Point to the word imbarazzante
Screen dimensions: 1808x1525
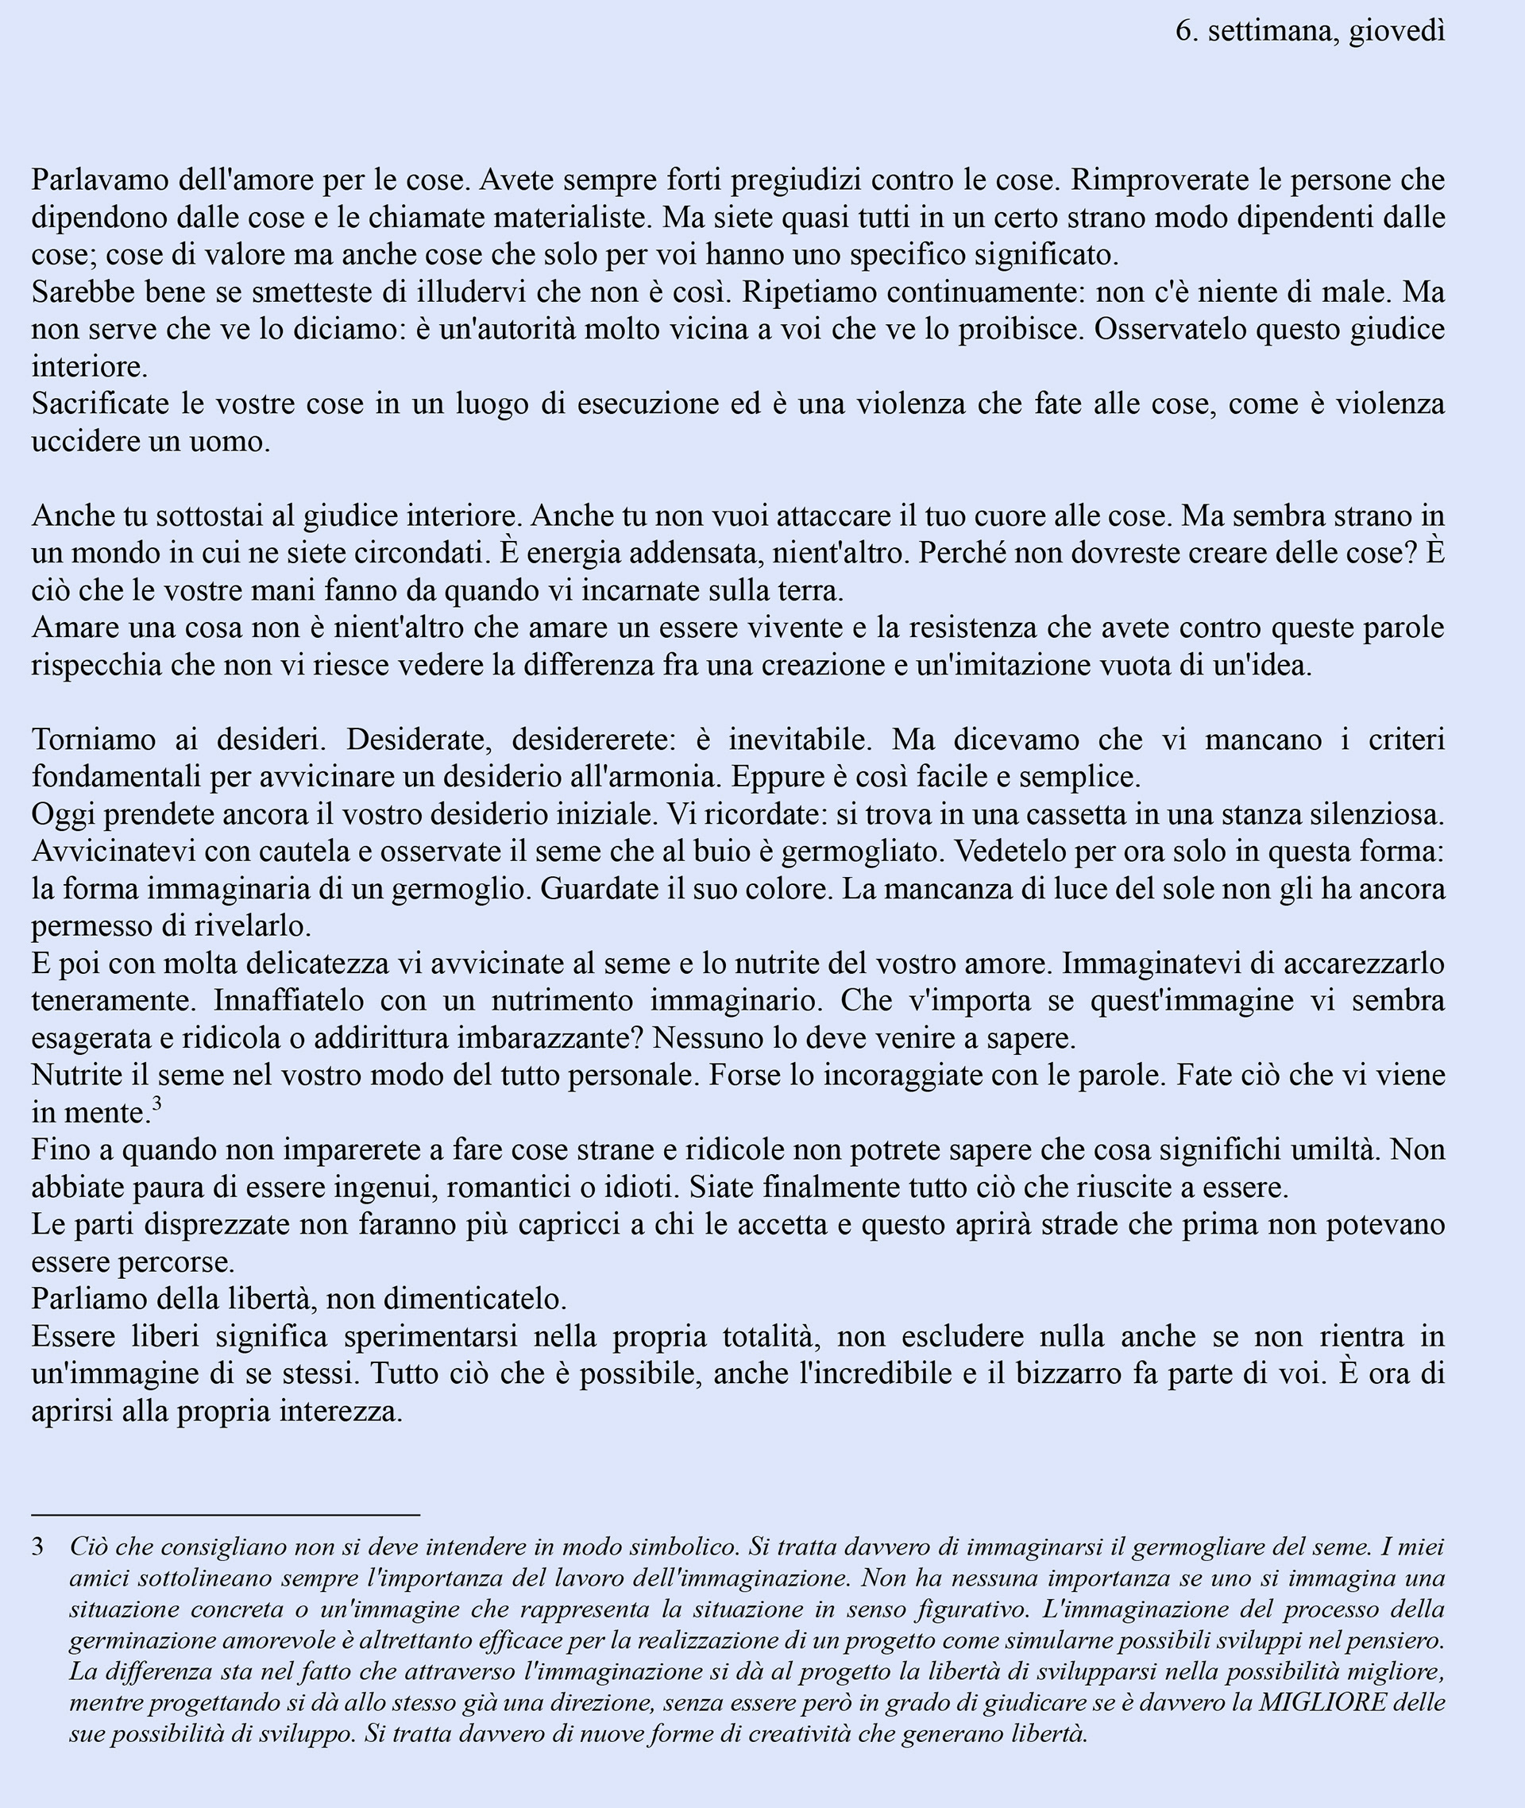[x=557, y=1038]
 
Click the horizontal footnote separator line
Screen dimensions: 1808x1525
[x=225, y=1516]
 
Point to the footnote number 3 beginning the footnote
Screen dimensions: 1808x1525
[x=38, y=1547]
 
